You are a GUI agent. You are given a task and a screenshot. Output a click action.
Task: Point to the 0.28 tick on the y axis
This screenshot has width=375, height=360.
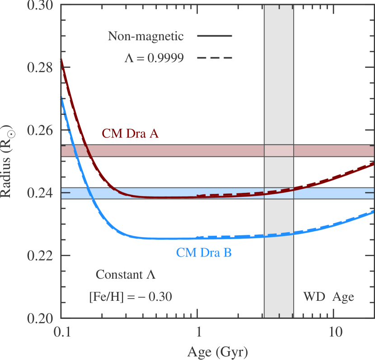pos(40,68)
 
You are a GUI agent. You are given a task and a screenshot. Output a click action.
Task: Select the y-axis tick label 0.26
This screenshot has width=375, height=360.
pos(40,131)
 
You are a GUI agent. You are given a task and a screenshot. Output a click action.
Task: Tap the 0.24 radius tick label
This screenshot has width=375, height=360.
pos(40,193)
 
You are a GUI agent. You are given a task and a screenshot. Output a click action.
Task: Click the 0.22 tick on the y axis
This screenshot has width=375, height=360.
pos(40,255)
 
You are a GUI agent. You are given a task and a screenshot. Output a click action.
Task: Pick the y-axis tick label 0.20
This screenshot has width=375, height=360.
pos(40,318)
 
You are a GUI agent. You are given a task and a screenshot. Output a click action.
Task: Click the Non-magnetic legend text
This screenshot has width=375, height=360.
pos(145,36)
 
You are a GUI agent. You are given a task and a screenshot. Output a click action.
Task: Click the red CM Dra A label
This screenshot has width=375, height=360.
pos(130,134)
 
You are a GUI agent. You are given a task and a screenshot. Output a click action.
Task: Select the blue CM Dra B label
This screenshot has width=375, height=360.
pos(204,252)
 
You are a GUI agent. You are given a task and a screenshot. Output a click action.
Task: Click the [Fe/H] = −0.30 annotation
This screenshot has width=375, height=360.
pos(131,297)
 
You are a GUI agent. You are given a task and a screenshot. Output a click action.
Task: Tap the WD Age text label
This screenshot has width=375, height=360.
pos(328,297)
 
